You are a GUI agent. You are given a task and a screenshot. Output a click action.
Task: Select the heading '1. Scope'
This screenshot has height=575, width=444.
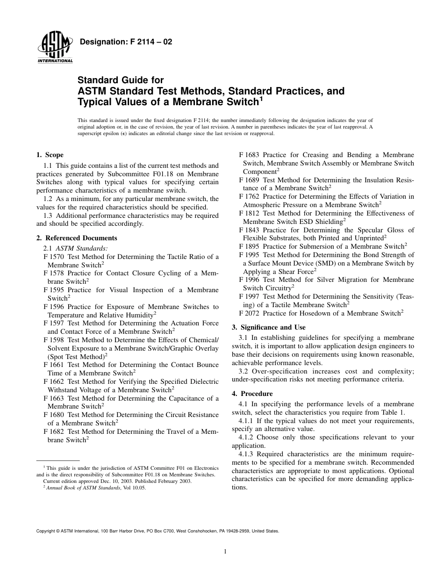click(50, 155)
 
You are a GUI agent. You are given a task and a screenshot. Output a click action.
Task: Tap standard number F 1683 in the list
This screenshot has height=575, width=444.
click(249, 155)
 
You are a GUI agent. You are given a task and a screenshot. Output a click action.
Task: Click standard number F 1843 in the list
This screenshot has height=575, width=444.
click(249, 230)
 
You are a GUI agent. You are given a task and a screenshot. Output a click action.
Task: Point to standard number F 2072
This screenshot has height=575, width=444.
click(249, 313)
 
